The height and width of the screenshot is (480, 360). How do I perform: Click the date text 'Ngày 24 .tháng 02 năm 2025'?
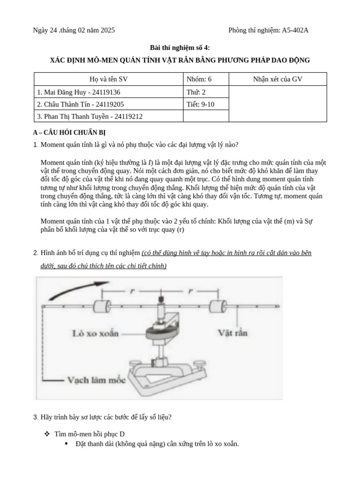pos(74,30)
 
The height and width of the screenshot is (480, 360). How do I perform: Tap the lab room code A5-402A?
pos(295,30)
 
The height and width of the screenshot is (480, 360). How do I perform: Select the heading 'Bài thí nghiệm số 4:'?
pos(180,48)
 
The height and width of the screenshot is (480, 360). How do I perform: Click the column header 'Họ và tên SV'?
pos(108,79)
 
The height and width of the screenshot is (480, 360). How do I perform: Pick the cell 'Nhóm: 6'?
pos(199,79)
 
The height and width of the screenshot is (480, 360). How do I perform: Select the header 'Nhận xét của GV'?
pos(277,79)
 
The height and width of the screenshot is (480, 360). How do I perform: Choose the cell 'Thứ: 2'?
pos(196,92)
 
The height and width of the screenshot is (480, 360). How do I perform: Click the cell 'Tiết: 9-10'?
pos(201,105)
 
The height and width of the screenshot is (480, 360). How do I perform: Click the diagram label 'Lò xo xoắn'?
pos(96,334)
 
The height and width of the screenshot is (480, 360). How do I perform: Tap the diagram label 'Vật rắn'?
pos(233,333)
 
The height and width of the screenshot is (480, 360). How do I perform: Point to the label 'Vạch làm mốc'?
pos(97,380)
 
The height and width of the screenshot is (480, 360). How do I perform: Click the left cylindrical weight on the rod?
pos(102,307)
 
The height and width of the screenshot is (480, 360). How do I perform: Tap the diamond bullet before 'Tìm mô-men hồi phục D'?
pos(47,434)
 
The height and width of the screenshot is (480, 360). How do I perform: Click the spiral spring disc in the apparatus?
pos(160,334)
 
